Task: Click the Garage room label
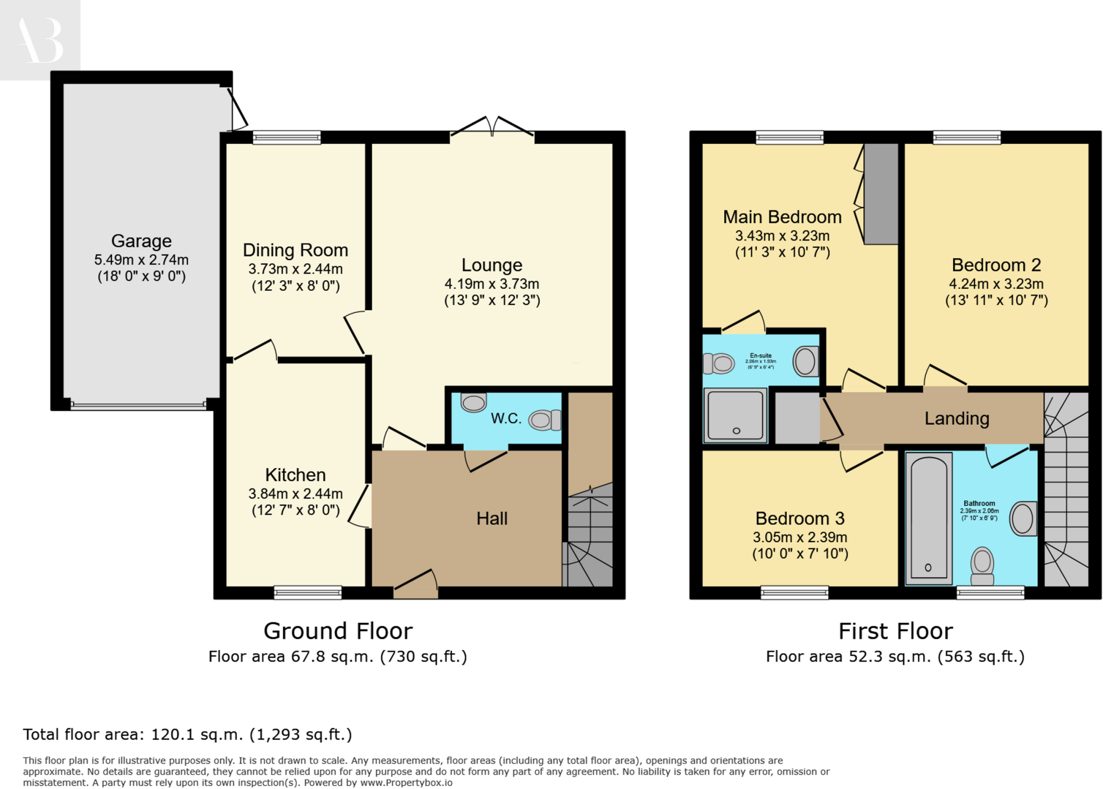pyautogui.click(x=141, y=241)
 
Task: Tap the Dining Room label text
pyautogui.click(x=295, y=250)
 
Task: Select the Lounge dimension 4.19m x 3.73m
pyautogui.click(x=491, y=284)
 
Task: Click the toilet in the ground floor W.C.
pyautogui.click(x=545, y=420)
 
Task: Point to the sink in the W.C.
pyautogui.click(x=473, y=402)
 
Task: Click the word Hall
pyautogui.click(x=492, y=518)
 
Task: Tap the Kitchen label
pyautogui.click(x=295, y=474)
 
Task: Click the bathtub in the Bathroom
pyautogui.click(x=929, y=518)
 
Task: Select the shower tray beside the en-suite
pyautogui.click(x=735, y=415)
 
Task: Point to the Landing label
pyautogui.click(x=957, y=418)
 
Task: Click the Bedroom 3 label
pyautogui.click(x=800, y=518)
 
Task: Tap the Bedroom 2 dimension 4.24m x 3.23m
pyautogui.click(x=996, y=284)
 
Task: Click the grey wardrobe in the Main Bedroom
pyautogui.click(x=881, y=194)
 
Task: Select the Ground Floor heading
pyautogui.click(x=338, y=631)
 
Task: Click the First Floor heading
pyautogui.click(x=895, y=631)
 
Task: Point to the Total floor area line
pyautogui.click(x=187, y=735)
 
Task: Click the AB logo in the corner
pyautogui.click(x=40, y=40)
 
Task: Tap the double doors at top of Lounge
pyautogui.click(x=492, y=127)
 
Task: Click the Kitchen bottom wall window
pyautogui.click(x=308, y=592)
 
